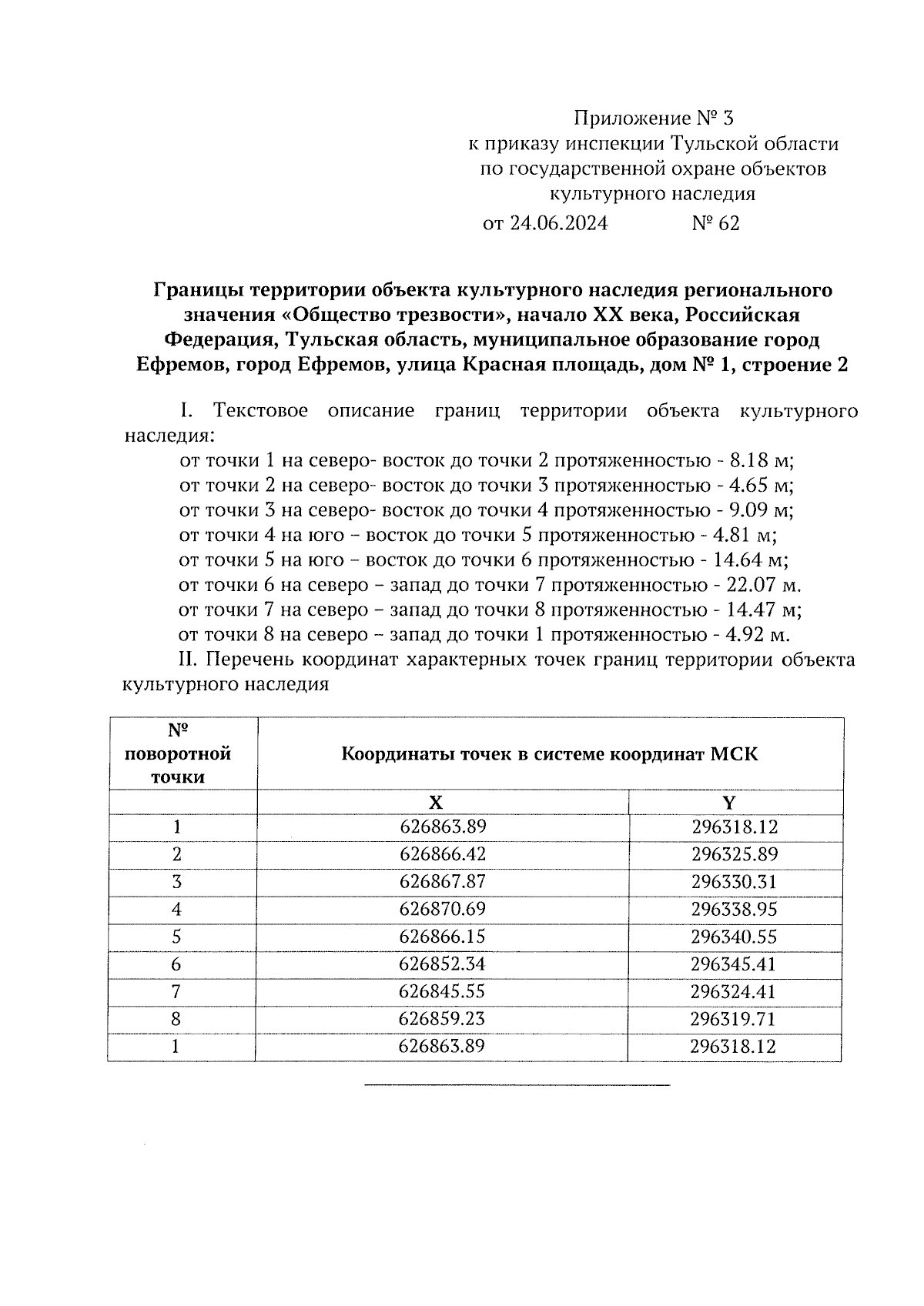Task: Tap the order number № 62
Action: (715, 224)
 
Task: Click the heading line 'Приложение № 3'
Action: (654, 119)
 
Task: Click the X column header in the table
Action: (436, 803)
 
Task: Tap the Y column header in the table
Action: (728, 803)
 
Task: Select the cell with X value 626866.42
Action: (443, 854)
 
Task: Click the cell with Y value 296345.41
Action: (734, 964)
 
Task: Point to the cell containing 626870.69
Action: (443, 909)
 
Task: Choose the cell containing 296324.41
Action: (734, 991)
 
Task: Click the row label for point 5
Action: (177, 937)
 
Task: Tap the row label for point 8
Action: (177, 1019)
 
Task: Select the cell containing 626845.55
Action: (443, 991)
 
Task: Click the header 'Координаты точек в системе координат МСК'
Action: (549, 754)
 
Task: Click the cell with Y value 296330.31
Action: (734, 882)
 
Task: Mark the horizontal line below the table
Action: (517, 1085)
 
